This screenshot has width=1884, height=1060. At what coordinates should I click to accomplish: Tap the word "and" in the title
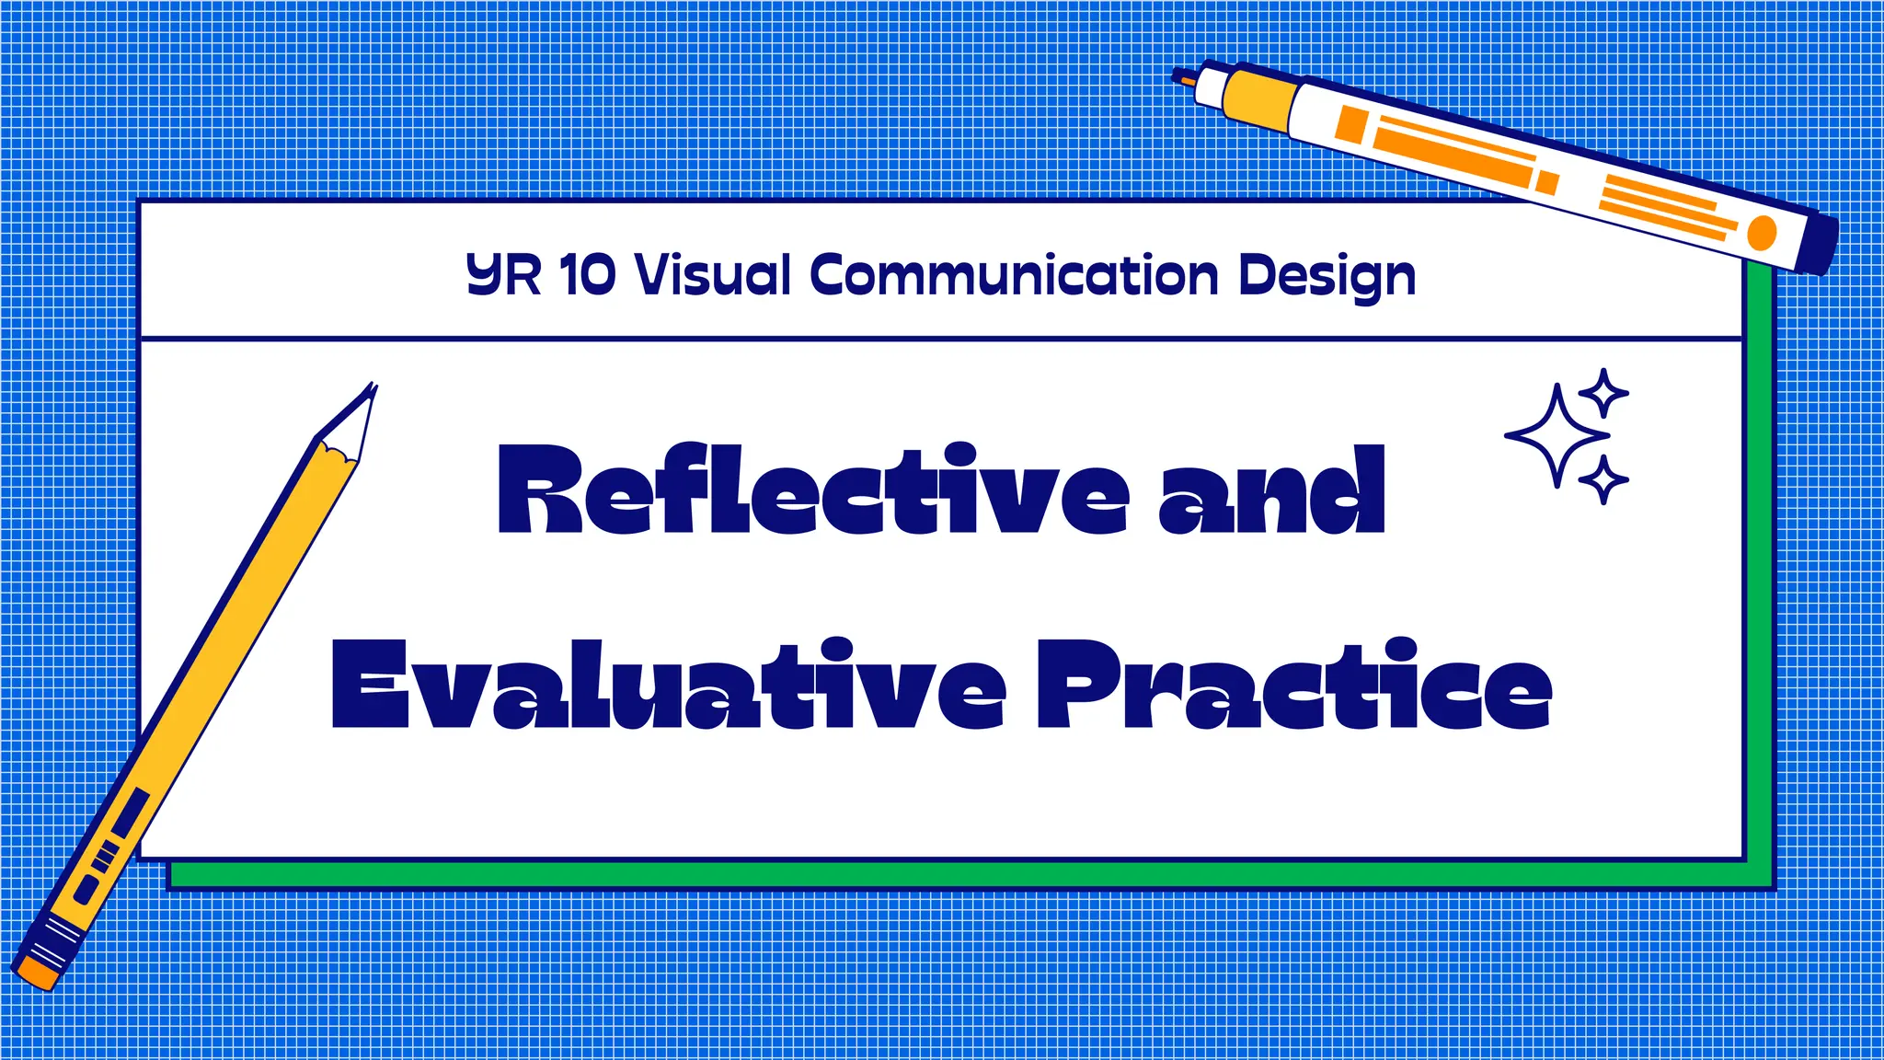1271,491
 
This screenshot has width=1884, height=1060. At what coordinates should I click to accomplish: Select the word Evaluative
668,685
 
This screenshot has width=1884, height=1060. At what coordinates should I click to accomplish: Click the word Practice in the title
1294,685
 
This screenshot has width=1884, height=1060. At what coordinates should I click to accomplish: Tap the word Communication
1014,274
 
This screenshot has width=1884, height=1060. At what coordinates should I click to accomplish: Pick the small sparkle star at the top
1604,394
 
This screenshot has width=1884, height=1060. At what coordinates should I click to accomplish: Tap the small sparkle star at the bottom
1603,479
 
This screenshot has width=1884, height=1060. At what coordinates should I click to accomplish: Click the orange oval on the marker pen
1761,233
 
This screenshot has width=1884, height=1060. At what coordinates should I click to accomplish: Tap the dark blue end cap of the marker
1817,243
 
